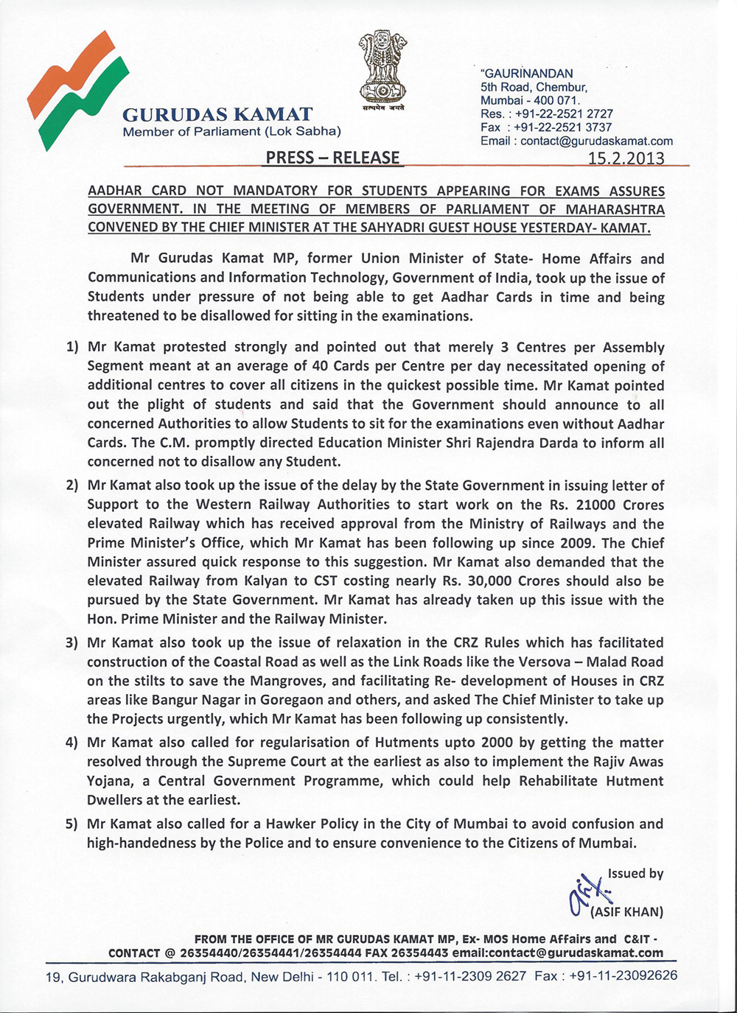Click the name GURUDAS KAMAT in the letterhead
tap(217, 115)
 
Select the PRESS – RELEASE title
tap(332, 158)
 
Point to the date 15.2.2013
tap(626, 158)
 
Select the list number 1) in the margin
tap(72, 348)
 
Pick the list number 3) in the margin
tap(72, 643)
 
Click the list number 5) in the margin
tap(72, 824)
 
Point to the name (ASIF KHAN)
tap(626, 912)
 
